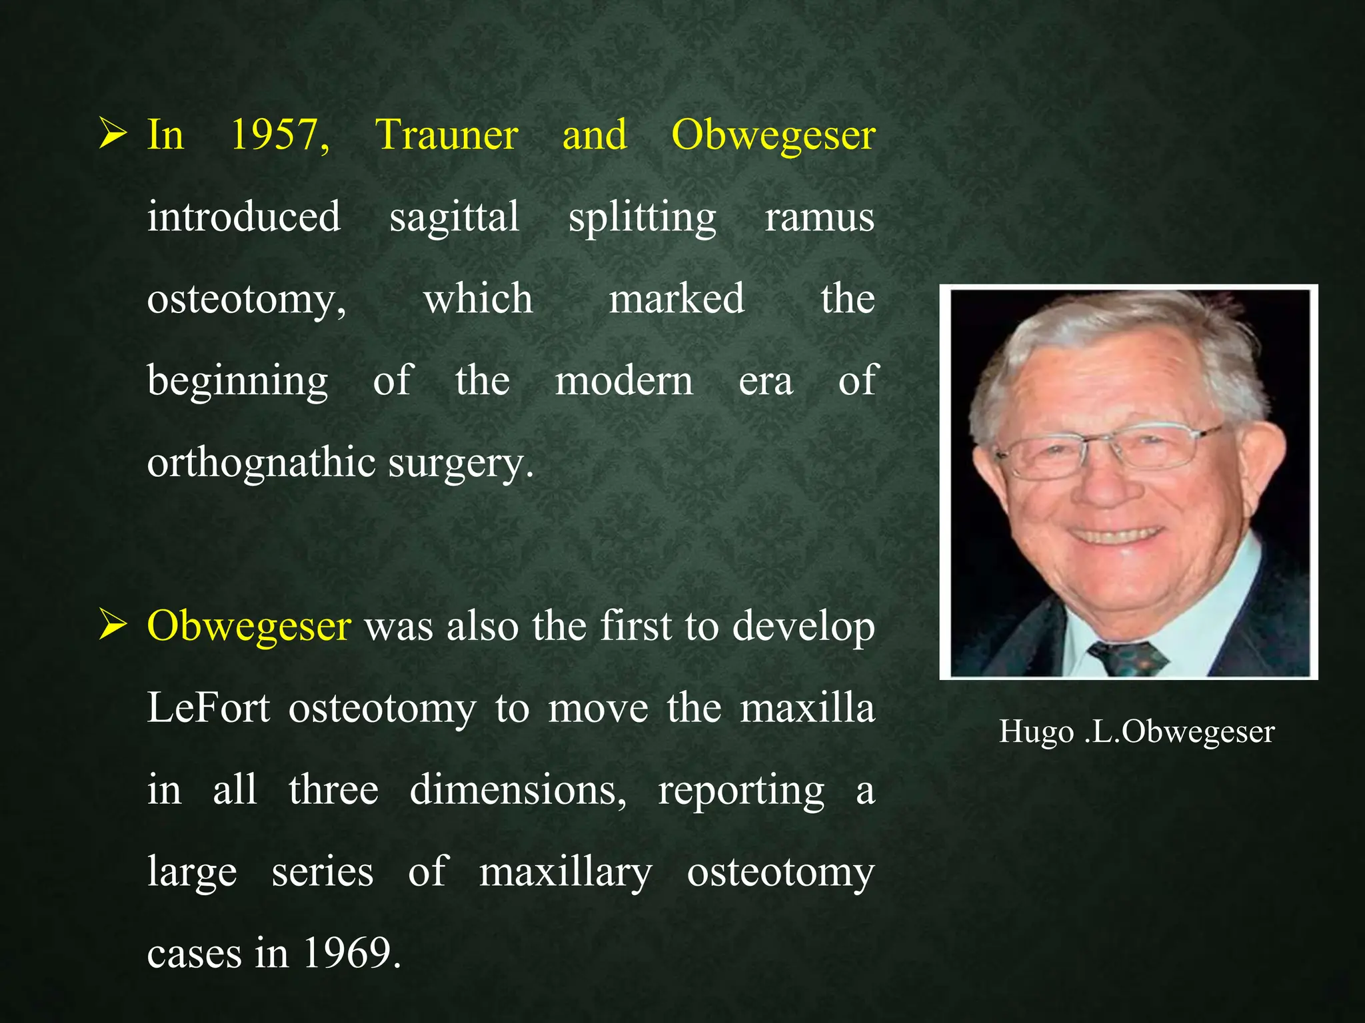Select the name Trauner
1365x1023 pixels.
tap(447, 135)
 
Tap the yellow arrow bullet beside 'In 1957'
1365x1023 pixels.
tap(112, 133)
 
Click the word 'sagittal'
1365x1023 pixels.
tap(454, 218)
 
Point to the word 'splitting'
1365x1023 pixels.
tap(642, 218)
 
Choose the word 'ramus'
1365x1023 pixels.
tap(819, 218)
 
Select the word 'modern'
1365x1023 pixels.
tap(624, 382)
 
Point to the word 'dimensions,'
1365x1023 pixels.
tap(518, 791)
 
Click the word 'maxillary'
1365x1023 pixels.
tap(565, 872)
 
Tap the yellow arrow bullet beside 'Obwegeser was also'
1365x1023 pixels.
tap(112, 625)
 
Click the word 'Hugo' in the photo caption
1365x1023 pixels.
tap(1036, 733)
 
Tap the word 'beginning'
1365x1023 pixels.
tap(237, 382)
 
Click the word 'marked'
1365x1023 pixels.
tap(677, 299)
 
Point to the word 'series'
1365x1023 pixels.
tap(323, 872)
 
